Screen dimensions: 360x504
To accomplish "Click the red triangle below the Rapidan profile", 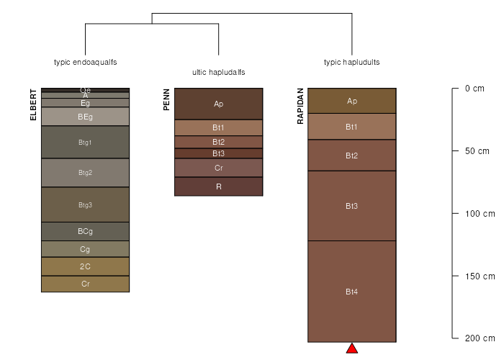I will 352,348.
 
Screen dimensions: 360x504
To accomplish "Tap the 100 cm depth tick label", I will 480,213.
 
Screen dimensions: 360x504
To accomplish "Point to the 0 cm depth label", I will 474,89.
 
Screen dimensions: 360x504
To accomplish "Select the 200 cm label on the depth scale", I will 480,338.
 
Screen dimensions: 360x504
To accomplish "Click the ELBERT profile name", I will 33,104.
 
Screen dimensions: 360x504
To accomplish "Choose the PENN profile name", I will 166,99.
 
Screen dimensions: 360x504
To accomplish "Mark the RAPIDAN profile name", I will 300,107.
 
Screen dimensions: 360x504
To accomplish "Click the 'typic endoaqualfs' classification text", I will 85,62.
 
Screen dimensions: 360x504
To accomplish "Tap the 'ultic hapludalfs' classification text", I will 219,72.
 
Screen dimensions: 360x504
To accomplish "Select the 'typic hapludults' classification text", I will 352,62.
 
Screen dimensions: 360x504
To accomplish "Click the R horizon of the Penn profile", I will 219,186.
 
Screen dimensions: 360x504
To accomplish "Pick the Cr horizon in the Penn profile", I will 219,168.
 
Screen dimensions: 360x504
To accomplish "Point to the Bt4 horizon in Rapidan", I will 352,292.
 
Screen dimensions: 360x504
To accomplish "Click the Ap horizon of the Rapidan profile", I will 352,101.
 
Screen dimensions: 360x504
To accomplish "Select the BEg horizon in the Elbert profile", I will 85,116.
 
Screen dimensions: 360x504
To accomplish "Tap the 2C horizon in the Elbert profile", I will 85,266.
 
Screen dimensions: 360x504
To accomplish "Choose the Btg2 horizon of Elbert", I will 85,173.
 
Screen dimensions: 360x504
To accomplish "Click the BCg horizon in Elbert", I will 85,231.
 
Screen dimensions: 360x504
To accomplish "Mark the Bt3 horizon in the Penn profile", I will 219,153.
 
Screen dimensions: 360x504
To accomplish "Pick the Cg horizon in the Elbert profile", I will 85,249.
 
